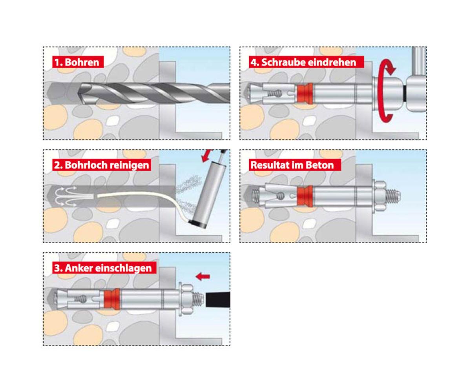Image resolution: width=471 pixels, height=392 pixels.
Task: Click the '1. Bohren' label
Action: point(78,62)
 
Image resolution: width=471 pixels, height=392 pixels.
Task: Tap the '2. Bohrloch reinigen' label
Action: point(102,165)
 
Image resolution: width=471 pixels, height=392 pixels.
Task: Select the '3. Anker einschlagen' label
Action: point(104,268)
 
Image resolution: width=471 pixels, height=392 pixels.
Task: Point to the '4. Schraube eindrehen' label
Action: point(307,62)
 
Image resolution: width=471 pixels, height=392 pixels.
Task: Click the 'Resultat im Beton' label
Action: point(295,165)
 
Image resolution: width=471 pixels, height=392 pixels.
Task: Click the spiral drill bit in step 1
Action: point(153,93)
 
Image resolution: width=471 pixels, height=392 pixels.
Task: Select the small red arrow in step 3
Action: point(203,276)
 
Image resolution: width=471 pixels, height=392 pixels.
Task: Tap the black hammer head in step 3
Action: point(218,299)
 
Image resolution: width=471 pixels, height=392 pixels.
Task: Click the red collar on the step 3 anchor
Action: point(112,299)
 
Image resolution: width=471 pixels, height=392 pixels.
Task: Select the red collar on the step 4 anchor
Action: point(305,94)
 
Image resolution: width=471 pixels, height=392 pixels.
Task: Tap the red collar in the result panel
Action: point(305,196)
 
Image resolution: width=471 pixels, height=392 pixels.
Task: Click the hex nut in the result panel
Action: point(380,196)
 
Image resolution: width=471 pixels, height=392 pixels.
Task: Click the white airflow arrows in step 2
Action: point(66,196)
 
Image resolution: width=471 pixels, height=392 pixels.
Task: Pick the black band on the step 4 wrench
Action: point(405,94)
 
